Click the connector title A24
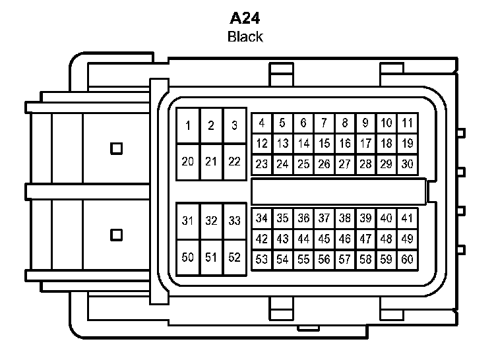pos(245,18)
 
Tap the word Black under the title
pos(245,37)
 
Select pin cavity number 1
pos(189,126)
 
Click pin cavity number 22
pos(234,162)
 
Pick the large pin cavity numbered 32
pos(211,222)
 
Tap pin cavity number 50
pos(189,258)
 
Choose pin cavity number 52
pos(234,258)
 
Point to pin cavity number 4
pos(262,123)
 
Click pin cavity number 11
pos(407,123)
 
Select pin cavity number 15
pos(324,143)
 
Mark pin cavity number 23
pos(262,164)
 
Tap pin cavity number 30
pos(407,164)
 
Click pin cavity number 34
pos(262,218)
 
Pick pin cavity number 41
pos(407,218)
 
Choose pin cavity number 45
pos(324,239)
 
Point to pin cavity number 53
pos(262,260)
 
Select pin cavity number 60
pos(407,260)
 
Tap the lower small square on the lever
pos(117,234)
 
